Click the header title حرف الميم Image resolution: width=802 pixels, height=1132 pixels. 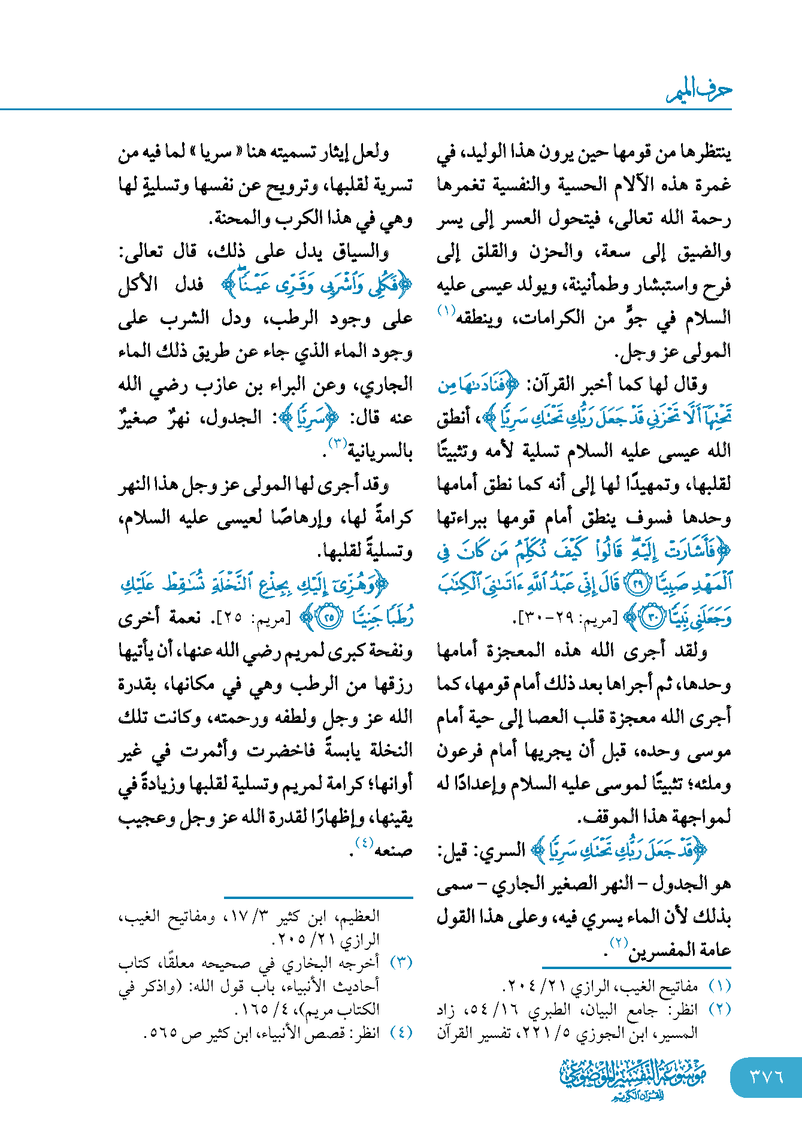point(699,91)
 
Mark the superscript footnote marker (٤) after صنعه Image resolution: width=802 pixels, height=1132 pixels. point(364,842)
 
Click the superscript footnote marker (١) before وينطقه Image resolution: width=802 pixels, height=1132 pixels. point(446,310)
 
